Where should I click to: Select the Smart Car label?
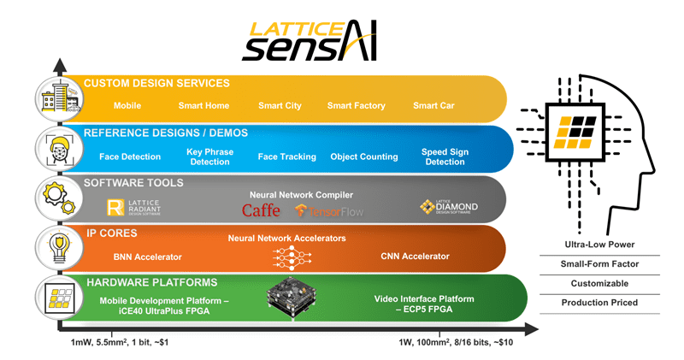pos(433,106)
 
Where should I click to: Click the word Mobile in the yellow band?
pos(129,106)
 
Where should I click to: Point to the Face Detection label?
pos(129,156)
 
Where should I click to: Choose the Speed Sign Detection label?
pos(444,156)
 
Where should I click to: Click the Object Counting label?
pos(365,156)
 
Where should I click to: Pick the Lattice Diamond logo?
pos(447,207)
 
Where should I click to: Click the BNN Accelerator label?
pos(150,256)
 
